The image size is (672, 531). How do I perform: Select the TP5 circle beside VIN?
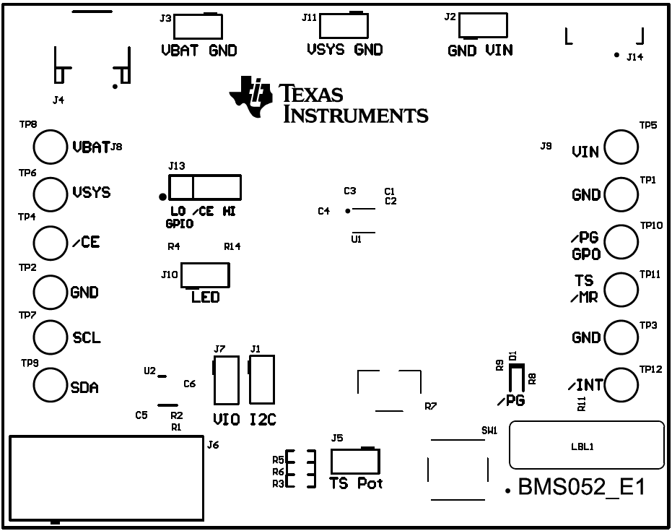coord(621,147)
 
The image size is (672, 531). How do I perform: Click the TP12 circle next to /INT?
coord(621,385)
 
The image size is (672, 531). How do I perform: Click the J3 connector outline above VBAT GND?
coord(197,26)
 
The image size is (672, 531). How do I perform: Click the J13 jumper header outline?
coord(204,188)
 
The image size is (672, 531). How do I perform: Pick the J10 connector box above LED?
coord(205,275)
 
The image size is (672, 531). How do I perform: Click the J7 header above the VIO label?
coord(226,379)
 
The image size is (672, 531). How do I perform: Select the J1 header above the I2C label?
coord(262,379)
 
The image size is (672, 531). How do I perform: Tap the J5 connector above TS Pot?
coord(354,462)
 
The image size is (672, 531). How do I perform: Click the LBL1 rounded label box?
coord(586,446)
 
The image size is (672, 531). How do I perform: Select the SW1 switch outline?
coord(456,469)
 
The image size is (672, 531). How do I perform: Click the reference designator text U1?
coord(356,238)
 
